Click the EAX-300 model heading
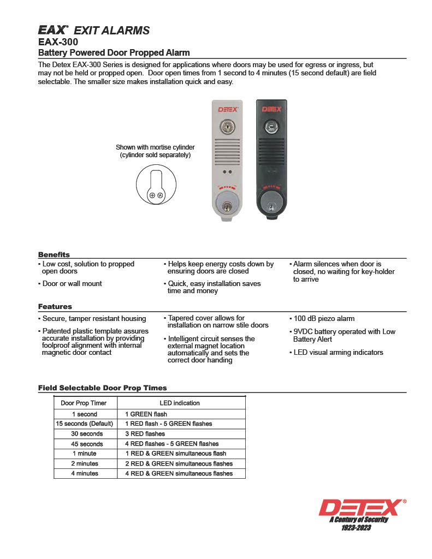58,42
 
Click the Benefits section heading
54,254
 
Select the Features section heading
55,307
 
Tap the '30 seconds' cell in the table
87,434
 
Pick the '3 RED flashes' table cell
145,434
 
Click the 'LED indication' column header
180,403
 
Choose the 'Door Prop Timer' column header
84,403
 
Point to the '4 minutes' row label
85,473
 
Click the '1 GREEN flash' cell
146,414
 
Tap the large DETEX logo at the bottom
362,508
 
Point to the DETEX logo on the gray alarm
227,109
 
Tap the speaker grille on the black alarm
271,150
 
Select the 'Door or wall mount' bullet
71,284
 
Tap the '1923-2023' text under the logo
356,528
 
